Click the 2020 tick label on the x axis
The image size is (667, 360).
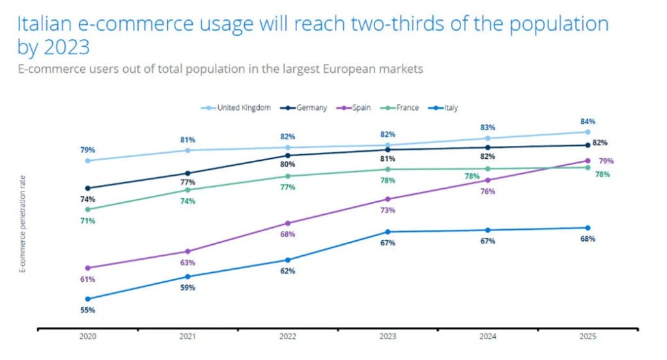tap(87, 337)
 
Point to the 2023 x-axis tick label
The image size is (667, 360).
tap(388, 337)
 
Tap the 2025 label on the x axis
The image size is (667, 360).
tap(587, 337)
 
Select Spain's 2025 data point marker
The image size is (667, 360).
tap(588, 160)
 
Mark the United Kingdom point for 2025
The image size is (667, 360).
tap(588, 132)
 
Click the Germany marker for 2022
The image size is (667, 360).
tap(288, 155)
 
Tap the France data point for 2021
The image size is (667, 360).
tap(188, 189)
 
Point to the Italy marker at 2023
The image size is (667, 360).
tap(388, 232)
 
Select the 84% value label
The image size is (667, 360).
tap(588, 121)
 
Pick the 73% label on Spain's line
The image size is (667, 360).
tap(388, 210)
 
